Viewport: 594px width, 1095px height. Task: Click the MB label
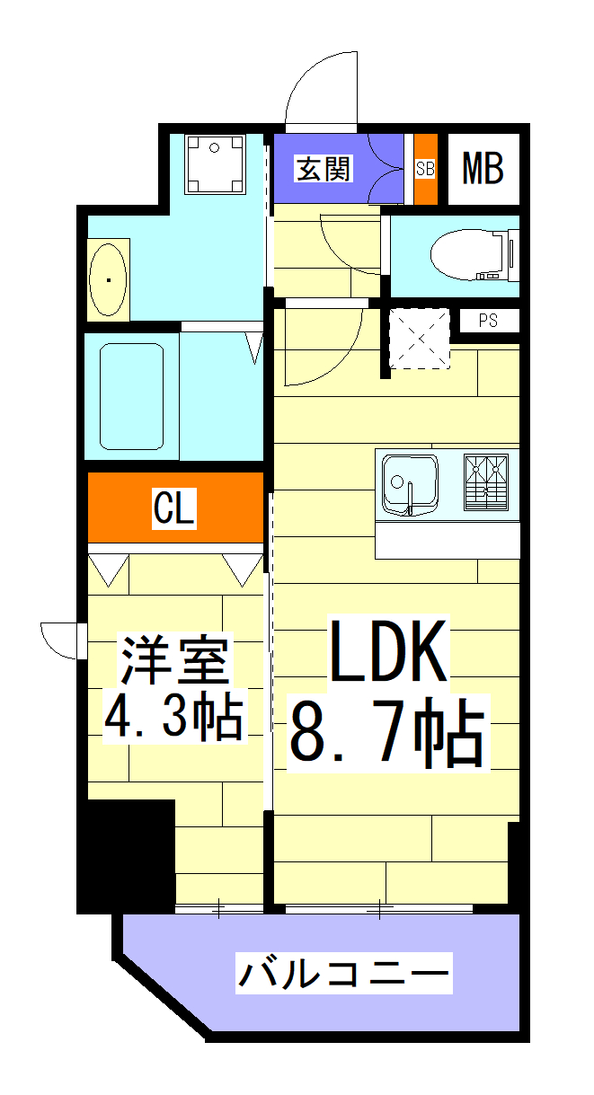[483, 168]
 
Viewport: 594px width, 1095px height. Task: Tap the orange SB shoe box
[425, 168]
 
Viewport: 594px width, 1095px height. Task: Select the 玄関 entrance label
[324, 167]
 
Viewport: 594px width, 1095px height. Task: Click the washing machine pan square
[214, 163]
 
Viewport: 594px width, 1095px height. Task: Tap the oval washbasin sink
[110, 279]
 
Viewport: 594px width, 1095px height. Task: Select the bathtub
[131, 395]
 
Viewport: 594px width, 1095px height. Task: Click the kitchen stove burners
[486, 484]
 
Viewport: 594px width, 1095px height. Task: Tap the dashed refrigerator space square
[419, 340]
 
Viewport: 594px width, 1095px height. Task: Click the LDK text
[388, 651]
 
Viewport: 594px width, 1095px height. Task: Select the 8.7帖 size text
[387, 732]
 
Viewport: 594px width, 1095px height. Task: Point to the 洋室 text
[176, 661]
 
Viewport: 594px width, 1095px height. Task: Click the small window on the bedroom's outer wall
[80, 640]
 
